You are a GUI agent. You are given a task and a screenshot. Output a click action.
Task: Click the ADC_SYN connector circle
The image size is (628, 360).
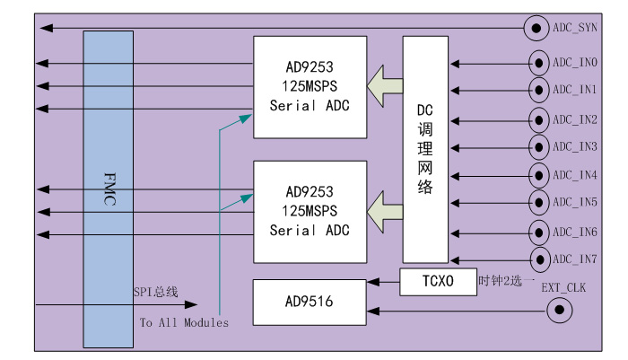[x=536, y=29]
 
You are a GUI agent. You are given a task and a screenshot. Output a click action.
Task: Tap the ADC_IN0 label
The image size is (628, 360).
[x=575, y=63]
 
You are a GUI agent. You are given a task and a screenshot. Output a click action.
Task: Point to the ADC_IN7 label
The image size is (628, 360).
[x=575, y=259]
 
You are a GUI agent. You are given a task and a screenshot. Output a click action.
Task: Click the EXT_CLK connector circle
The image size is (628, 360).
[x=560, y=311]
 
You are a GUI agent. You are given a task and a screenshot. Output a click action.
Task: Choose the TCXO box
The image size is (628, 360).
[x=438, y=281]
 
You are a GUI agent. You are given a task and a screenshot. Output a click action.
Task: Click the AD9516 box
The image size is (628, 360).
[x=310, y=303]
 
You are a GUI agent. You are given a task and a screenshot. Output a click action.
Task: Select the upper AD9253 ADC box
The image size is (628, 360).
[x=310, y=86]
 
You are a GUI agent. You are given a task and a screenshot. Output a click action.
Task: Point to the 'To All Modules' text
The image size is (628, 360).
[x=183, y=322]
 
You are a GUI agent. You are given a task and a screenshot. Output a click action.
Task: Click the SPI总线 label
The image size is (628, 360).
[x=155, y=292]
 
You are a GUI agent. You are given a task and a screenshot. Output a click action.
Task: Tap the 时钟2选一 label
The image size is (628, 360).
[x=506, y=281]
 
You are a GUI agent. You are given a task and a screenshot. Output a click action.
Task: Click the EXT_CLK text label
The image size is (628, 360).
[x=563, y=287]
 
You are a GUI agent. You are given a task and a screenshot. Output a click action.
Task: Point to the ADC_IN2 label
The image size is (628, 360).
[x=575, y=119]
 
